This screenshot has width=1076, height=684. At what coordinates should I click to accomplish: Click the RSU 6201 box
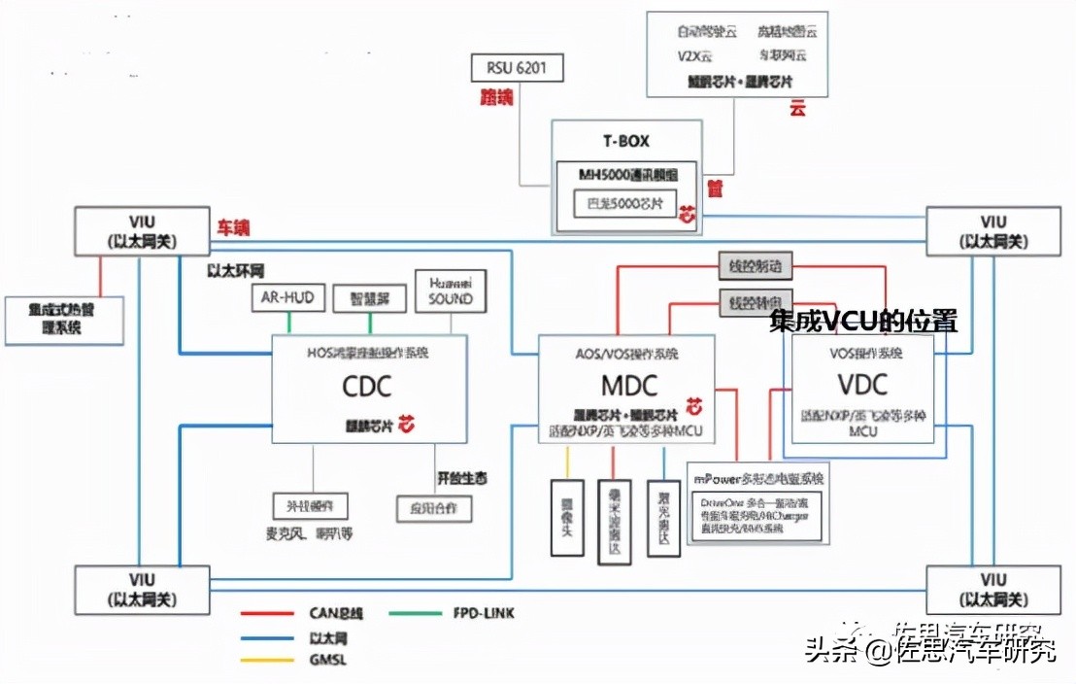pyautogui.click(x=517, y=69)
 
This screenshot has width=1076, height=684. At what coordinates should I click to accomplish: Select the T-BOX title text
pyautogui.click(x=626, y=141)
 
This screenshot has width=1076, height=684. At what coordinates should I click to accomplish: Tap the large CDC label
pyautogui.click(x=366, y=387)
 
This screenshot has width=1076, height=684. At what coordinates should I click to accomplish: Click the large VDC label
pyautogui.click(x=863, y=385)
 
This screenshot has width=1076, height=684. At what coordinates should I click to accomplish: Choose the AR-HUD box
pyautogui.click(x=288, y=298)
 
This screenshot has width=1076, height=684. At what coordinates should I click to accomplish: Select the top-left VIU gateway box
pyautogui.click(x=142, y=232)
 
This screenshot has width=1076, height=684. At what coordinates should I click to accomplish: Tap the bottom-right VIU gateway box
pyautogui.click(x=993, y=589)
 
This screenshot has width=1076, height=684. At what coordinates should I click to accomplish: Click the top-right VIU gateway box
pyautogui.click(x=993, y=232)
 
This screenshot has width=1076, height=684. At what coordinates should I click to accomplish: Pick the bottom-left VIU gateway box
pyautogui.click(x=142, y=589)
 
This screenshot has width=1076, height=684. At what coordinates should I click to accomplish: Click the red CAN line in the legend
pyautogui.click(x=267, y=613)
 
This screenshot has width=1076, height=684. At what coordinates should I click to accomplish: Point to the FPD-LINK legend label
pyautogui.click(x=483, y=613)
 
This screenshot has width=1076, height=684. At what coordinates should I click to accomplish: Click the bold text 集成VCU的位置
pyautogui.click(x=863, y=322)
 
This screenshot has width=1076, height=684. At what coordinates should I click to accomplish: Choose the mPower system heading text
pyautogui.click(x=758, y=479)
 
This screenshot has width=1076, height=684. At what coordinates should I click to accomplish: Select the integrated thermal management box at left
pyautogui.click(x=63, y=319)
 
